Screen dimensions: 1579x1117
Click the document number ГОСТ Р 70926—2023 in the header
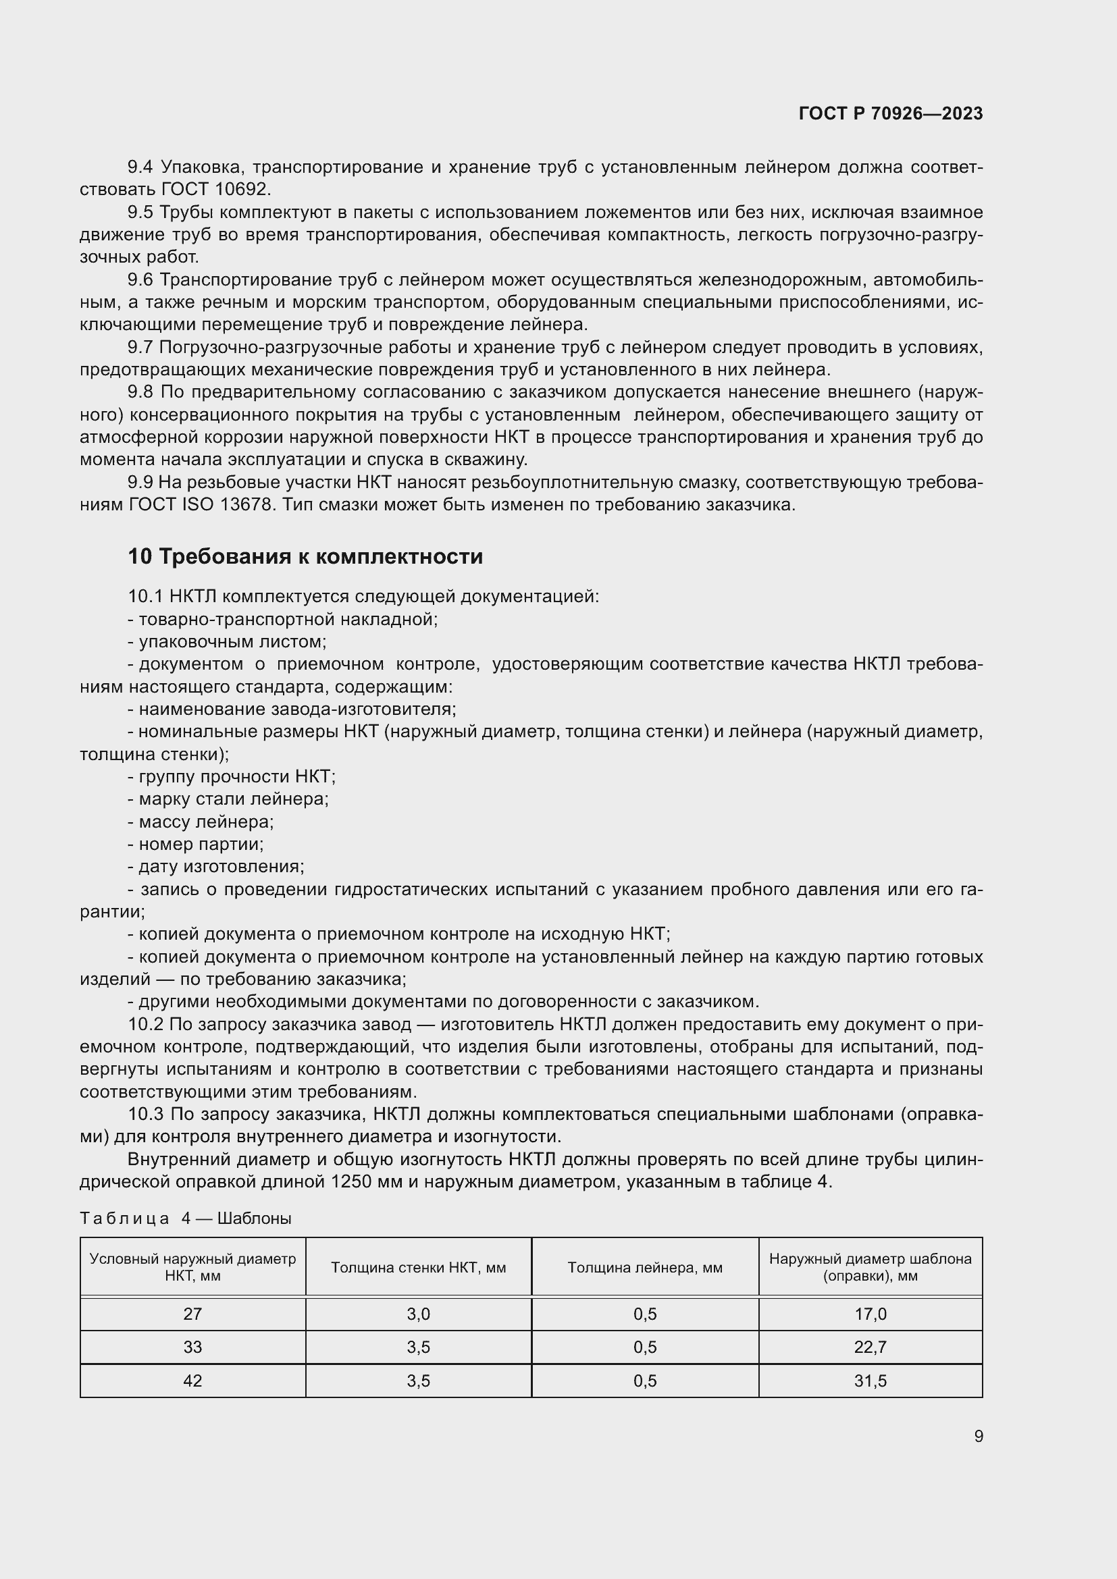coord(891,114)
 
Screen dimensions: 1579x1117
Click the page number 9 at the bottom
coord(978,1437)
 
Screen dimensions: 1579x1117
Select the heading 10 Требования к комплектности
coord(305,556)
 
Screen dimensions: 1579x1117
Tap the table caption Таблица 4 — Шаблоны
coord(186,1219)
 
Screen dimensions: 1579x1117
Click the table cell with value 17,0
coord(870,1314)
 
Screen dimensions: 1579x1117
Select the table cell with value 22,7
coord(870,1347)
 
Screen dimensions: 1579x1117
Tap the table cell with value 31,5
coord(870,1381)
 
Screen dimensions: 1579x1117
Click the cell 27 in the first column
coord(192,1314)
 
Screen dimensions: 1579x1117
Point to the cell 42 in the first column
coord(192,1381)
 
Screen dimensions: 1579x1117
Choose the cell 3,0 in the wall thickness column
coord(418,1314)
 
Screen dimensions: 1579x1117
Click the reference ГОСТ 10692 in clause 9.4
coord(216,189)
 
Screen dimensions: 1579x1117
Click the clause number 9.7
coord(140,348)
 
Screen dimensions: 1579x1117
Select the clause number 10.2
coord(145,1025)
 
